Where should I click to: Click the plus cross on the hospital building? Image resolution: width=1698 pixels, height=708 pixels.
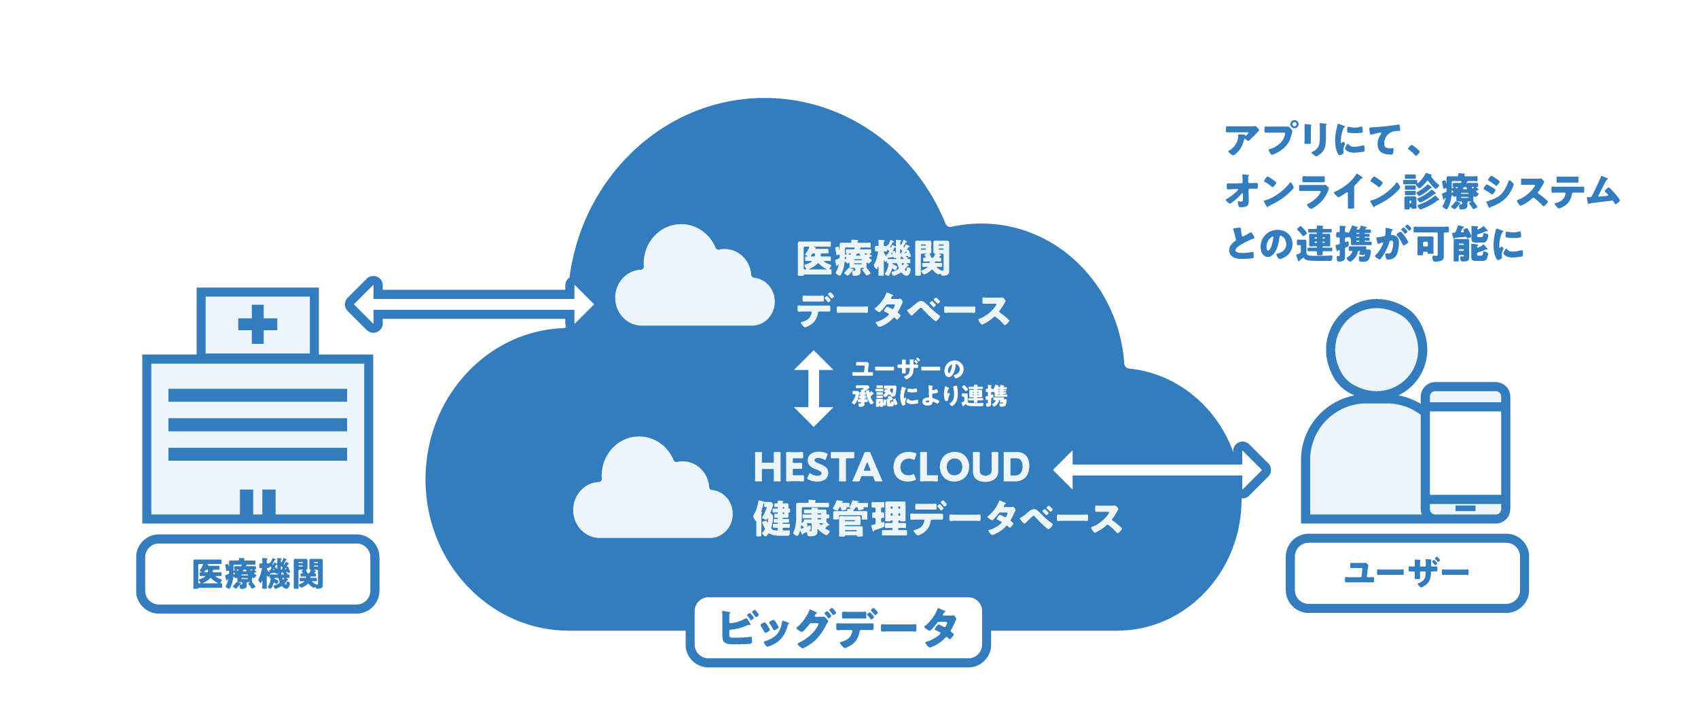[x=257, y=324]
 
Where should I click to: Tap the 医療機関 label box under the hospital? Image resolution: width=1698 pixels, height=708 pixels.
[x=257, y=573]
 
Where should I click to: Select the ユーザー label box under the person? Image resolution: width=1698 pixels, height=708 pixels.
[x=1407, y=573]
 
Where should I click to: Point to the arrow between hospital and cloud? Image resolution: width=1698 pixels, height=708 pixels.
[x=470, y=304]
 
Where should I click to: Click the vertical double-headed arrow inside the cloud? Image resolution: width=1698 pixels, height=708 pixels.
[x=814, y=388]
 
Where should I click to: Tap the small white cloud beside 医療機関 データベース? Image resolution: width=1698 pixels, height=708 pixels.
[x=693, y=281]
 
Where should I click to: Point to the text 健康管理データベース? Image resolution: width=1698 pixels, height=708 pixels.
[x=937, y=518]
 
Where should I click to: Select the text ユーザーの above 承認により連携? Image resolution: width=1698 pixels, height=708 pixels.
[x=908, y=369]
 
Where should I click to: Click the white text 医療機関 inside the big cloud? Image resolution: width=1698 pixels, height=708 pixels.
[x=873, y=259]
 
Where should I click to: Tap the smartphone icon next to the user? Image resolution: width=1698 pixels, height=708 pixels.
[x=1465, y=453]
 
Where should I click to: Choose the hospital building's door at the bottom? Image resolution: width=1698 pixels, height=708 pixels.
[x=257, y=502]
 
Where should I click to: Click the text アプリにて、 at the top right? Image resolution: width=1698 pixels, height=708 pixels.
[x=1321, y=141]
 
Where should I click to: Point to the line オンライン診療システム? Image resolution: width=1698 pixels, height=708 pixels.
[x=1422, y=192]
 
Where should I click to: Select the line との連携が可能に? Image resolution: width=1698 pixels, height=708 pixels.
[x=1375, y=244]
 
